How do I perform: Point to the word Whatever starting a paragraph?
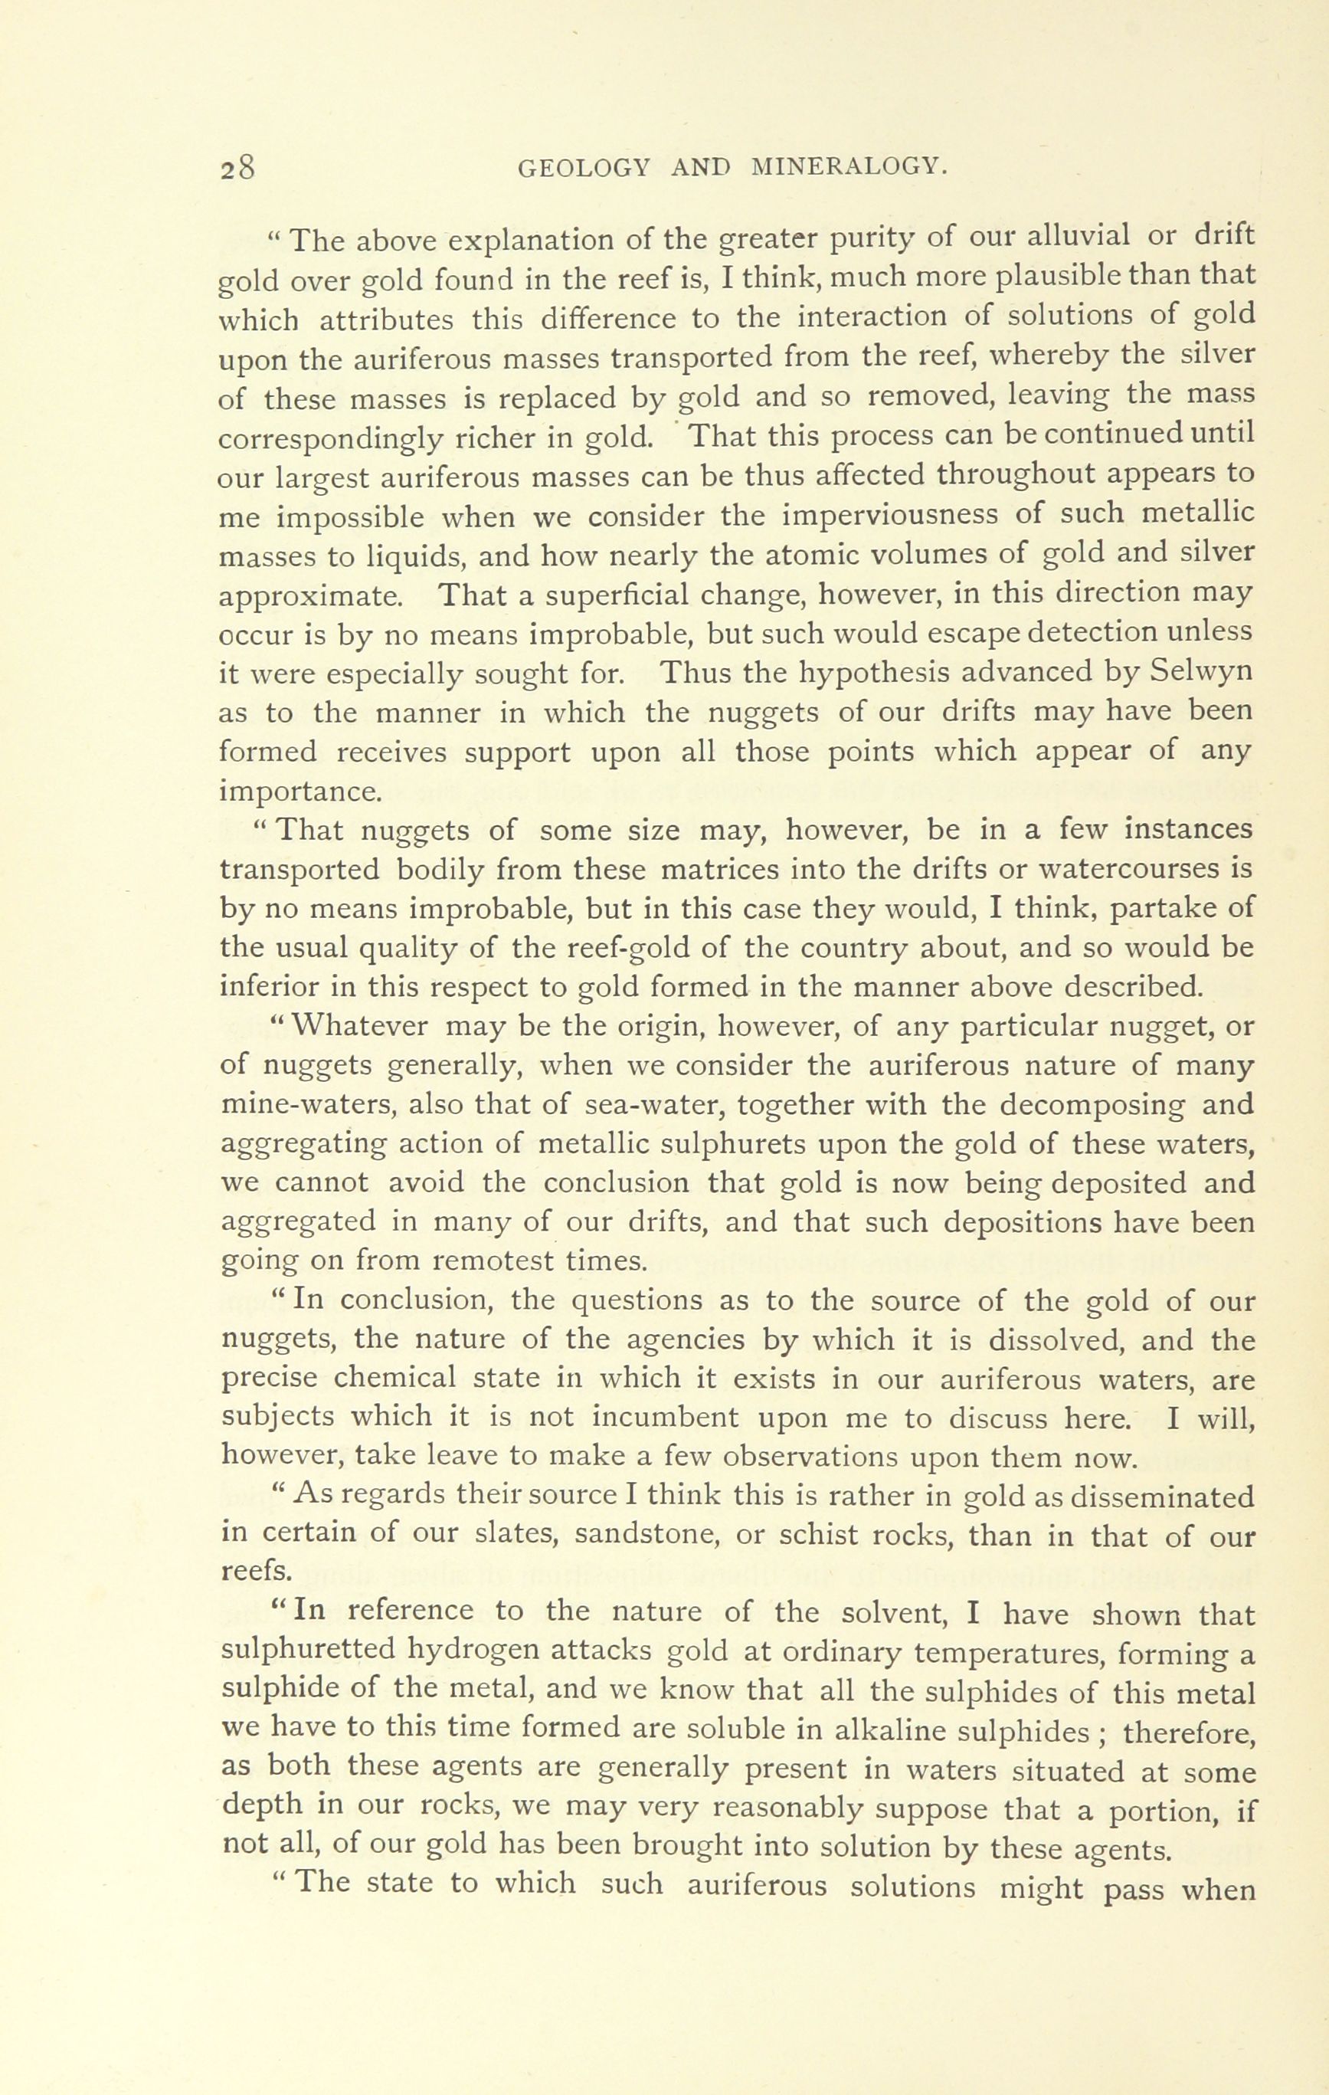pyautogui.click(x=359, y=1027)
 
